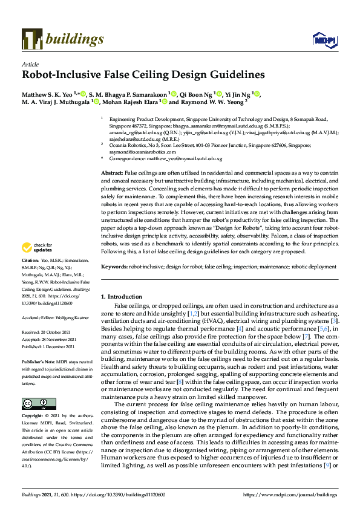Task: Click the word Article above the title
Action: click(x=30, y=64)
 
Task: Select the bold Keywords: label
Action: click(x=115, y=266)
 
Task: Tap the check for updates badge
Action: click(x=37, y=248)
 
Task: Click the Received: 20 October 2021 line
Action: click(x=47, y=332)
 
